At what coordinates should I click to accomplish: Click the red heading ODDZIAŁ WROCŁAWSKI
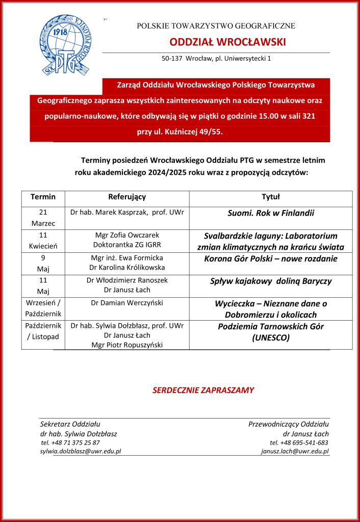pyautogui.click(x=227, y=42)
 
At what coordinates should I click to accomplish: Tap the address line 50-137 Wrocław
pyautogui.click(x=216, y=59)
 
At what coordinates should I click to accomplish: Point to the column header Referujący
pyautogui.click(x=127, y=197)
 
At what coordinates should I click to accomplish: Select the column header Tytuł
pyautogui.click(x=271, y=197)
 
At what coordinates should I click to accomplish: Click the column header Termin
pyautogui.click(x=43, y=197)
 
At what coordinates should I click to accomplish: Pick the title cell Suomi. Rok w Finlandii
pyautogui.click(x=271, y=213)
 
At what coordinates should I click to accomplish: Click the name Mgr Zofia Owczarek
pyautogui.click(x=127, y=235)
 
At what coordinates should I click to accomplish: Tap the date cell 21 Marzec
pyautogui.click(x=43, y=218)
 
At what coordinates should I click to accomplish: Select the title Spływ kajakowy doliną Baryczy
pyautogui.click(x=271, y=281)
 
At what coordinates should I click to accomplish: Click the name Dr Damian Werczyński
pyautogui.click(x=127, y=303)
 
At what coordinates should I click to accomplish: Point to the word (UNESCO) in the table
pyautogui.click(x=271, y=337)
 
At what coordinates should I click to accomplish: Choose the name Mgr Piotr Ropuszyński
pyautogui.click(x=127, y=345)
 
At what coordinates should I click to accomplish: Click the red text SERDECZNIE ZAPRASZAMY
pyautogui.click(x=203, y=390)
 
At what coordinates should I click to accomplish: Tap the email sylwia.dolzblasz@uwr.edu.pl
pyautogui.click(x=81, y=451)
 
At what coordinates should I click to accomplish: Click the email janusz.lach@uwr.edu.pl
pyautogui.click(x=295, y=451)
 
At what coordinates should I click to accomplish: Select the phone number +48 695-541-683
pyautogui.click(x=299, y=442)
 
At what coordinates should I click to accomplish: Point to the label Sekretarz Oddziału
pyautogui.click(x=70, y=424)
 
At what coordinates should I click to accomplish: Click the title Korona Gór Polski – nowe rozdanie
pyautogui.click(x=271, y=258)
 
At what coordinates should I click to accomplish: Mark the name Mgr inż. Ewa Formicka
pyautogui.click(x=127, y=258)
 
